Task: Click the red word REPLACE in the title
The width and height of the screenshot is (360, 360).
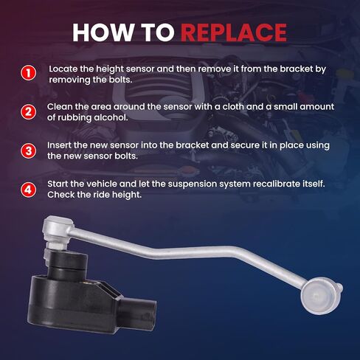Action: pyautogui.click(x=234, y=32)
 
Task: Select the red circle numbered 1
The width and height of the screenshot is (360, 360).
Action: pyautogui.click(x=29, y=73)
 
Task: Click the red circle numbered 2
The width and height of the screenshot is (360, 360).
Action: pyautogui.click(x=29, y=112)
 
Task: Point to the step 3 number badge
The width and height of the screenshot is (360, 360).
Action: pyautogui.click(x=29, y=150)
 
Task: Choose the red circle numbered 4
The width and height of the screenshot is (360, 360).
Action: pyautogui.click(x=29, y=190)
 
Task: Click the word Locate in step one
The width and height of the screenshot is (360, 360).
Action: pyautogui.click(x=63, y=69)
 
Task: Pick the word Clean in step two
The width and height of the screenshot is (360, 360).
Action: pyautogui.click(x=60, y=107)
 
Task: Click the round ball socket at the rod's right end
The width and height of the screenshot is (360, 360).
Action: pyautogui.click(x=320, y=296)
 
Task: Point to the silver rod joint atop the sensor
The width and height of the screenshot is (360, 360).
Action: pyautogui.click(x=58, y=231)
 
